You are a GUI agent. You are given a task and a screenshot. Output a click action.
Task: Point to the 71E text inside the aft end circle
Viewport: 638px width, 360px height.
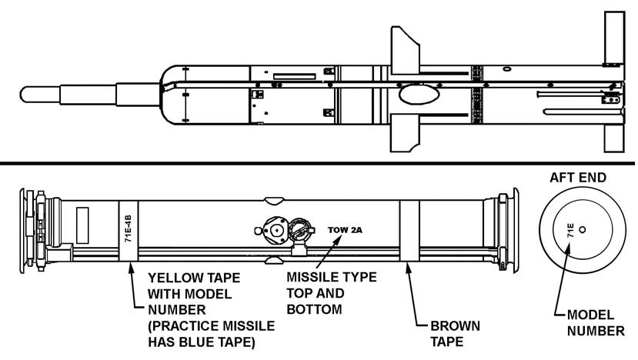tap(570, 229)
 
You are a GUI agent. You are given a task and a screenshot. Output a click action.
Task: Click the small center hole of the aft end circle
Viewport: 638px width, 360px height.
tap(582, 229)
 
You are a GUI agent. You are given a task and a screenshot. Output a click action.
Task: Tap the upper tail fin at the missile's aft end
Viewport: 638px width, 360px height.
tap(614, 38)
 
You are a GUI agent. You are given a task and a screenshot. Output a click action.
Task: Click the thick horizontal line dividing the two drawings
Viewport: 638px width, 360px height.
tap(319, 163)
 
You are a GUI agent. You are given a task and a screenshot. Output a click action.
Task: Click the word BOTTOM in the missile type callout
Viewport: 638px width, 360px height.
tap(314, 310)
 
